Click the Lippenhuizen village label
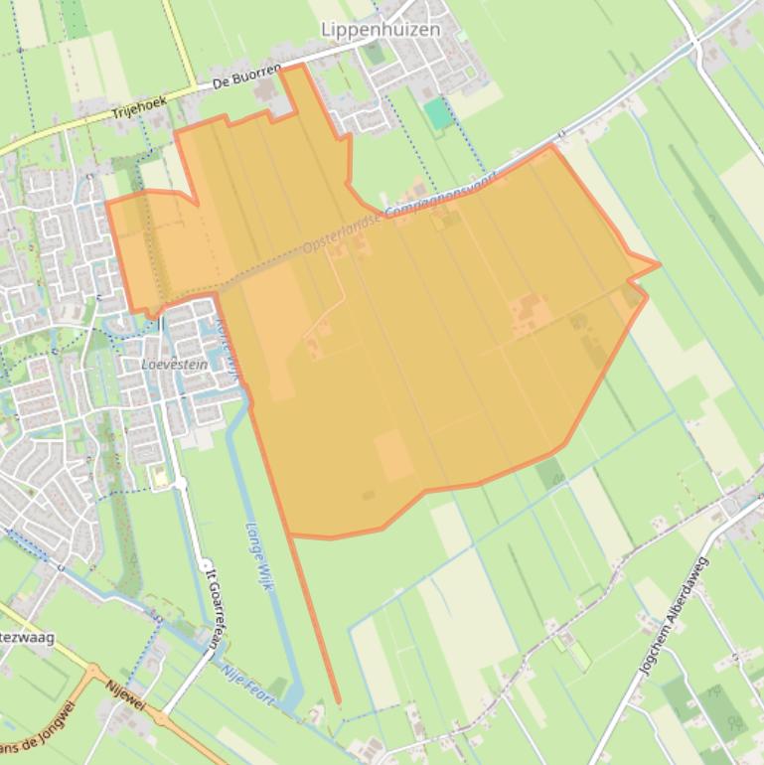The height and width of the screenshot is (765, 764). point(381,30)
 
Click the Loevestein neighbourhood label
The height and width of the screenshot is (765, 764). point(175,365)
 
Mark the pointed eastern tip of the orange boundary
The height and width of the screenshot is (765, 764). point(659,264)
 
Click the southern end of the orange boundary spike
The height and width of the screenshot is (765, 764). point(338,703)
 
